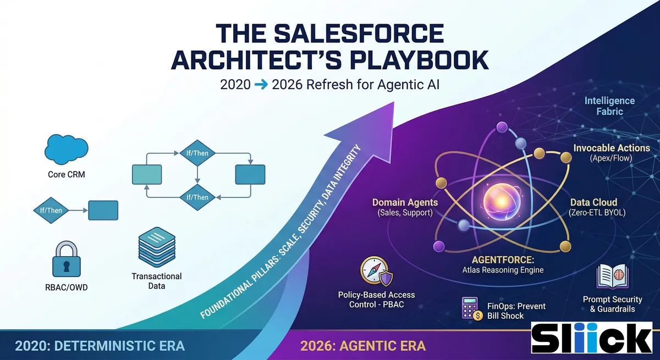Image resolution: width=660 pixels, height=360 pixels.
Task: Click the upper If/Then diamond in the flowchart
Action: point(197,153)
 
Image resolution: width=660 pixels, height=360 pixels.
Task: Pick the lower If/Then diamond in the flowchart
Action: point(197,197)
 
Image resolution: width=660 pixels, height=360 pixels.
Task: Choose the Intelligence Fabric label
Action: point(609,106)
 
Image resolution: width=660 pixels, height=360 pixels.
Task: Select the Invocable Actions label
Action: point(612,148)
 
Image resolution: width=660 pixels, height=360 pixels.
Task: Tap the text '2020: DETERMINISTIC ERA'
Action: point(100,346)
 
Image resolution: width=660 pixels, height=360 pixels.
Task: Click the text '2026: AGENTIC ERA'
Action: point(363,346)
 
